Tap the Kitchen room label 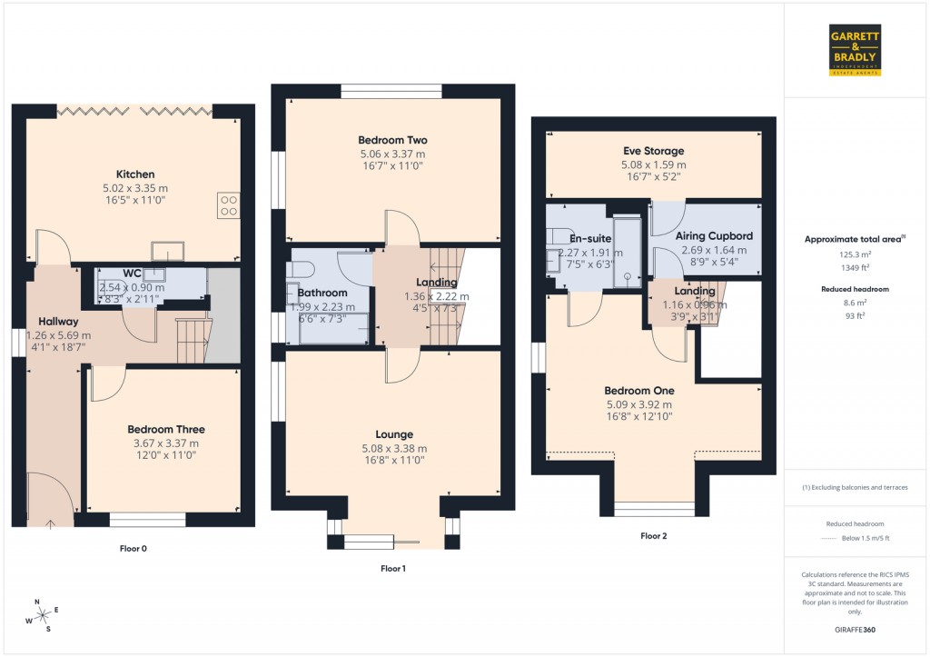click(x=134, y=174)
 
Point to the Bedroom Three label click(x=165, y=430)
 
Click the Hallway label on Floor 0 click(x=58, y=321)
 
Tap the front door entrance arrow click(x=49, y=523)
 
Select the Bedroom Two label click(x=392, y=141)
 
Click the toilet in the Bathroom click(x=300, y=269)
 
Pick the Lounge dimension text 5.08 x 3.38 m click(x=394, y=448)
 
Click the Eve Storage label click(x=653, y=151)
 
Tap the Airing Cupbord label click(x=714, y=236)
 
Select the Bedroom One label click(x=639, y=391)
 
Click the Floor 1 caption click(x=392, y=568)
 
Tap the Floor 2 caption click(x=653, y=536)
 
